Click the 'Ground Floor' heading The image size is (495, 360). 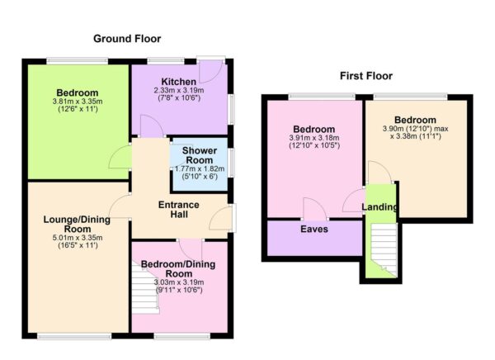pos(126,39)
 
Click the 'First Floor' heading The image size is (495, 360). pos(366,76)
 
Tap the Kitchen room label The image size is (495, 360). pos(179,81)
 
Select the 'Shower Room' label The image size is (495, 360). pos(199,156)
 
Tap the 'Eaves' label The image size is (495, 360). pos(314,230)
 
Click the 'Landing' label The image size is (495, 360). pos(380,206)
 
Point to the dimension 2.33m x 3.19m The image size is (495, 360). pos(179,91)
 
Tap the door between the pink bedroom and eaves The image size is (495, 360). pos(314,210)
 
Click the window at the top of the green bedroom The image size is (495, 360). pos(77,60)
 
